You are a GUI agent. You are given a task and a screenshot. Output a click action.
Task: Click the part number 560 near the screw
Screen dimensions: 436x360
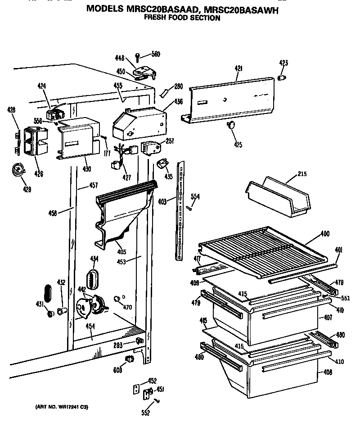155,54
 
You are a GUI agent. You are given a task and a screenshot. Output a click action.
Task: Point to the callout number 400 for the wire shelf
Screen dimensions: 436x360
324,234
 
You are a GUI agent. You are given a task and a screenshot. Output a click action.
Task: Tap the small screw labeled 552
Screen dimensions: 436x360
157,400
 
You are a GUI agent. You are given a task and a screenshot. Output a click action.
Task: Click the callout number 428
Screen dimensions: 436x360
11,109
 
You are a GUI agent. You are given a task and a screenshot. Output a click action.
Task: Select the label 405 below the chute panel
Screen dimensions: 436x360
121,252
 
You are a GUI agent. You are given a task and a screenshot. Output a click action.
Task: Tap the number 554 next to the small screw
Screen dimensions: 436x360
195,196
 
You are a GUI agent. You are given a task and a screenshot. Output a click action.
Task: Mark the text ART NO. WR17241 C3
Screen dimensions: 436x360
62,407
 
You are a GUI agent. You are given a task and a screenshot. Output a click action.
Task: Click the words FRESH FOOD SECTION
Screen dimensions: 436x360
182,18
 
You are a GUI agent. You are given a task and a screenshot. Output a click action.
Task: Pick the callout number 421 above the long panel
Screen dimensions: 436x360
238,68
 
